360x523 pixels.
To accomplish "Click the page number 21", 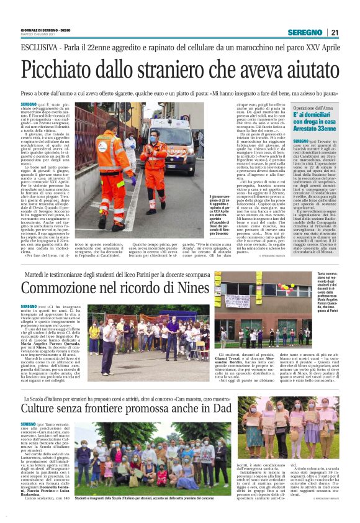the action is click(333, 32).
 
